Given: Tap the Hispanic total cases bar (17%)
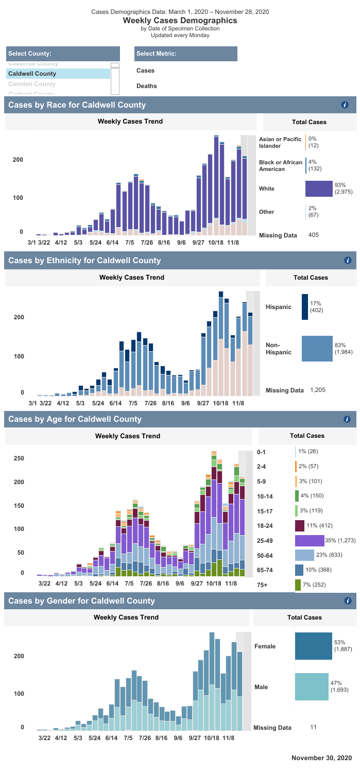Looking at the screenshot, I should [304, 307].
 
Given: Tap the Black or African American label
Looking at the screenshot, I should [280, 166].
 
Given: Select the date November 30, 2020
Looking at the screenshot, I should [321, 758].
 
